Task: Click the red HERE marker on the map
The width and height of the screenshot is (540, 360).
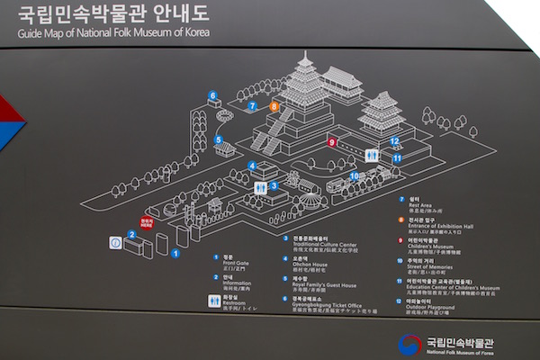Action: click(x=146, y=221)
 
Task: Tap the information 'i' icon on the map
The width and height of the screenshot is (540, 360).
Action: click(x=115, y=242)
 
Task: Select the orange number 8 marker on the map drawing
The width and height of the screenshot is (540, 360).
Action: click(x=274, y=106)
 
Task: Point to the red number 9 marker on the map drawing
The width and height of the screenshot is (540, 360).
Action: click(x=331, y=141)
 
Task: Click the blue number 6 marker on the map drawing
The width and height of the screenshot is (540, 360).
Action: click(x=213, y=94)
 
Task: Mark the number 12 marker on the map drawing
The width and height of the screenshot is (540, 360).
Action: click(x=394, y=141)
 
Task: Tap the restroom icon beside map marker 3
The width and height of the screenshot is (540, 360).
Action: click(x=260, y=187)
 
